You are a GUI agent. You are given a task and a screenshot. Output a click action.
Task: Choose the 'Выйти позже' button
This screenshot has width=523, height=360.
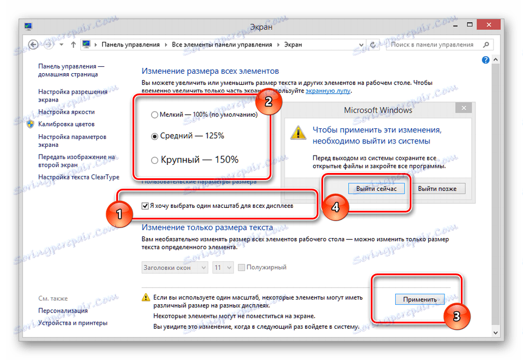coord(437,188)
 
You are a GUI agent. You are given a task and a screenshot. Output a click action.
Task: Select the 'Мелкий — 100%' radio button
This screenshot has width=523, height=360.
coord(155,114)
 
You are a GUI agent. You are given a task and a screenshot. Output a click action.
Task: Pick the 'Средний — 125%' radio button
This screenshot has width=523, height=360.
coord(155,136)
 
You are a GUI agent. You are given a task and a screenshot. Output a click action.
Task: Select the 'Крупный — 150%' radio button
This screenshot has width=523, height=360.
coord(155,160)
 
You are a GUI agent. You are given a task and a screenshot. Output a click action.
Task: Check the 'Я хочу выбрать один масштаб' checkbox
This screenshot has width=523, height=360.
coord(145,206)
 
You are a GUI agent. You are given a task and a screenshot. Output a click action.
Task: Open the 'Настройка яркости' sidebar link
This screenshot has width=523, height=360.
coord(66,112)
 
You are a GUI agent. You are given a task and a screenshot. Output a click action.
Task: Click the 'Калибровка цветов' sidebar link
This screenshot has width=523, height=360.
coord(66,124)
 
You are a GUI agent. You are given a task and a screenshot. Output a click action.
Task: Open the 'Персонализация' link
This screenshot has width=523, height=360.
coord(63,311)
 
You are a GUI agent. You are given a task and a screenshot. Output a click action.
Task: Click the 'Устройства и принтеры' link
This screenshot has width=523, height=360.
coord(73,323)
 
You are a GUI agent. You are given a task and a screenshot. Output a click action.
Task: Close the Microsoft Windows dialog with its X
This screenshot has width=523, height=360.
coord(463,108)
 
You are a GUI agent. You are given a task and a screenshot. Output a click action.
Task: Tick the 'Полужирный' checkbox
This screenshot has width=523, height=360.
coord(242,268)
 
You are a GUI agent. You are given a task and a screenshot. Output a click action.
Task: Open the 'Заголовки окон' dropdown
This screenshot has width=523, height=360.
coord(174,268)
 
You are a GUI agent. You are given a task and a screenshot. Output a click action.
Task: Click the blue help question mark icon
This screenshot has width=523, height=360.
coord(486,60)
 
